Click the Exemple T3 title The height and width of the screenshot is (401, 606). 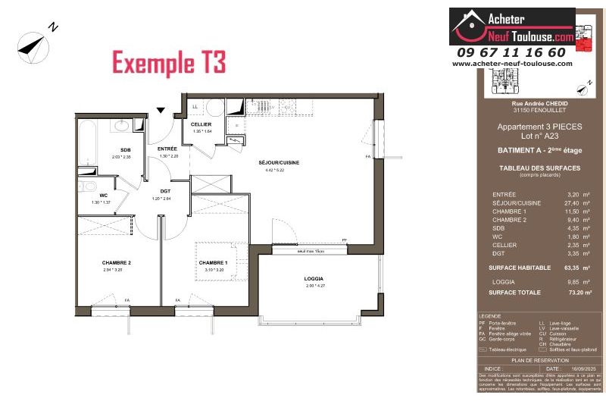point(169,62)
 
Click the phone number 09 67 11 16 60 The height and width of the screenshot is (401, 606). point(511,52)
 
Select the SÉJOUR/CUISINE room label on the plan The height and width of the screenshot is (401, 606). point(280,164)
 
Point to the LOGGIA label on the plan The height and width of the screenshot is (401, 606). point(314,279)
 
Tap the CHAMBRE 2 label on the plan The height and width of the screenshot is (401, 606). point(117,262)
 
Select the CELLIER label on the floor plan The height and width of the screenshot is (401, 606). point(201,124)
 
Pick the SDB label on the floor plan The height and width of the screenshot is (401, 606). point(126,150)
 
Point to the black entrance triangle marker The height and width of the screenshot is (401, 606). point(161,110)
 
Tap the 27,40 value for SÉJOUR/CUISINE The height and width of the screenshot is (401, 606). point(569,204)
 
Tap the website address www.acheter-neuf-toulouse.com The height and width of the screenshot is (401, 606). point(512,64)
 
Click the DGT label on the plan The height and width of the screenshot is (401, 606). point(165,191)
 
